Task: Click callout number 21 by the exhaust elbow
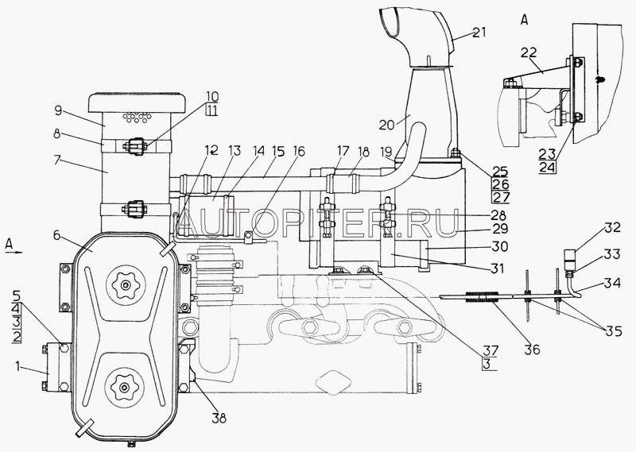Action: coord(479,32)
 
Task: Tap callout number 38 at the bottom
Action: coord(219,418)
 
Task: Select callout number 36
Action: coord(532,349)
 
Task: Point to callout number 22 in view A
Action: coord(529,52)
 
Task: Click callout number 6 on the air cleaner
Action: coord(57,235)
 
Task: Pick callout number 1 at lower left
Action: coord(17,366)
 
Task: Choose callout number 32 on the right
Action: coord(612,227)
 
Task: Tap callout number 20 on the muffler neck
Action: coord(386,125)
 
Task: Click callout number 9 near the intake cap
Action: coord(58,110)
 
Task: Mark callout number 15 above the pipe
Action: coord(279,152)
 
